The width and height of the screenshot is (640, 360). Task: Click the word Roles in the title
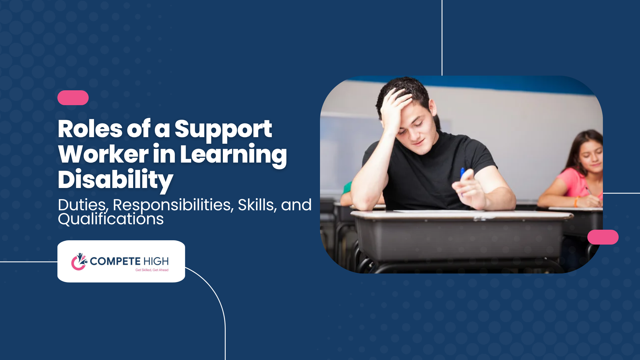coord(90,129)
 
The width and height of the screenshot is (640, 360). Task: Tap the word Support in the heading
coord(223,131)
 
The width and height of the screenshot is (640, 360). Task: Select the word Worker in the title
coord(103,154)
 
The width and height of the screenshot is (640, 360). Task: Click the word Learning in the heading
coord(233,156)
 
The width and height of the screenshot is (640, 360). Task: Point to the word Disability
coord(115,181)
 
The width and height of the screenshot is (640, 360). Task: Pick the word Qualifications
coord(111,219)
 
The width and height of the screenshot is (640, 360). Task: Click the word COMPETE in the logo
coord(115,261)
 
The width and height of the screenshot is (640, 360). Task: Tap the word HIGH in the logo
coord(156,261)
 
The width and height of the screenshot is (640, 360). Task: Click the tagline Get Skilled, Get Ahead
coord(152,270)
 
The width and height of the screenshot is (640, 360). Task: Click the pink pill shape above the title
coord(73,98)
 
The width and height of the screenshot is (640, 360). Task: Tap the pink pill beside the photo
coord(603,237)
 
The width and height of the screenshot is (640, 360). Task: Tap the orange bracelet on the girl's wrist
coord(576,202)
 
